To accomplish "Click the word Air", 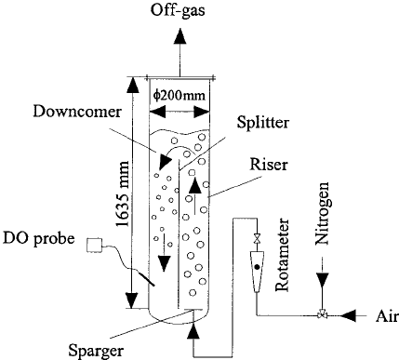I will tap(379, 314).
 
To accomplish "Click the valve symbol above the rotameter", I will tap(257, 241).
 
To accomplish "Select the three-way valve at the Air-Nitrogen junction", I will tap(322, 314).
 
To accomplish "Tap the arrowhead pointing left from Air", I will tap(349, 314).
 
